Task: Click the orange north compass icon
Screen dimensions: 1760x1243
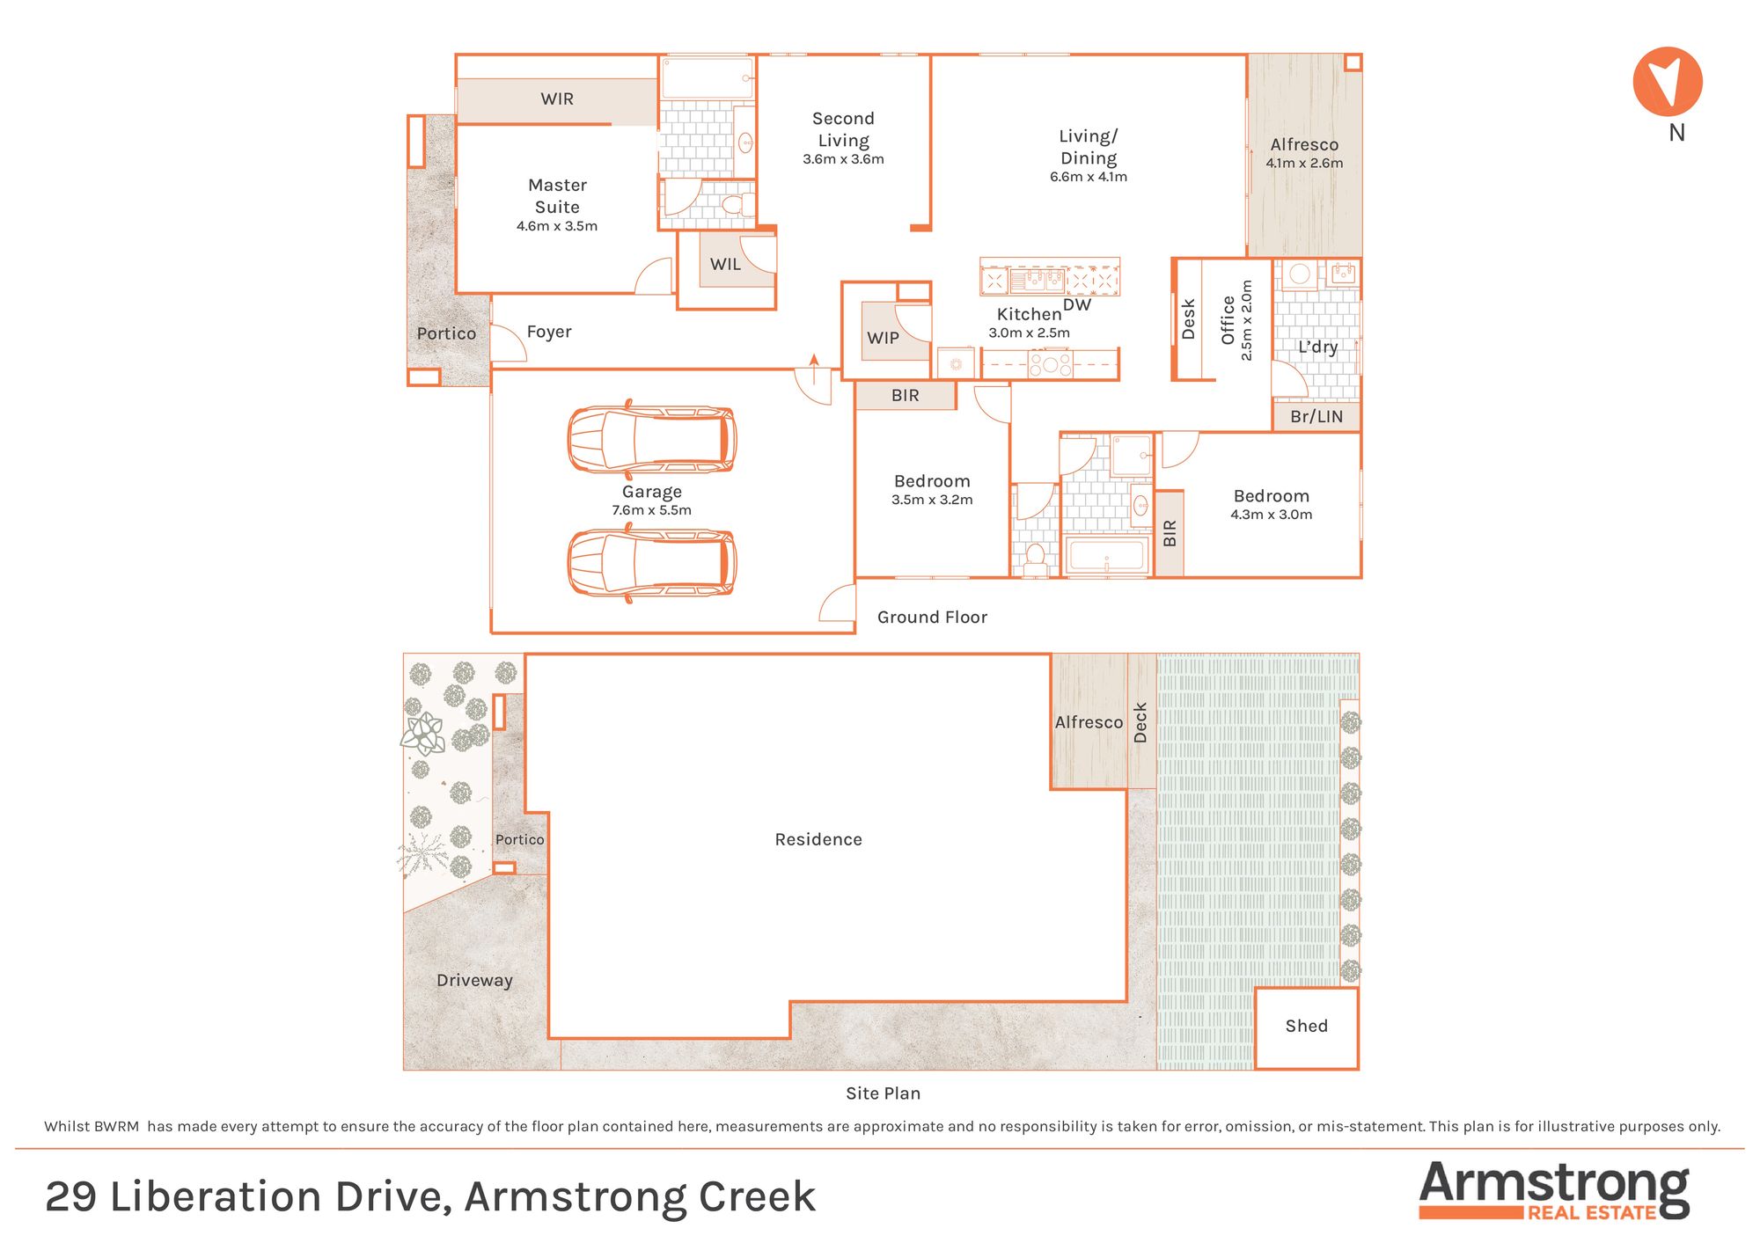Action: point(1668,82)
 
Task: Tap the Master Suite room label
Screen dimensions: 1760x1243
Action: point(557,196)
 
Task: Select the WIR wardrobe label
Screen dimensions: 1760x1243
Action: point(557,99)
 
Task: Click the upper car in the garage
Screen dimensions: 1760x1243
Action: point(651,439)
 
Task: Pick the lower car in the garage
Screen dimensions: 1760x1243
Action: point(651,562)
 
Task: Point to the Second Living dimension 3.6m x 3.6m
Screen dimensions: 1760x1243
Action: point(843,159)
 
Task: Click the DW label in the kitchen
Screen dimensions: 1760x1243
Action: point(1077,304)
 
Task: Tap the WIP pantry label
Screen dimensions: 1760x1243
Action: point(883,338)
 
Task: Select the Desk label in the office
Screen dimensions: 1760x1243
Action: point(1188,319)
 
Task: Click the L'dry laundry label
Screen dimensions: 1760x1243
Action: point(1317,347)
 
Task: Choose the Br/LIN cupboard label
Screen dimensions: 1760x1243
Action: point(1316,417)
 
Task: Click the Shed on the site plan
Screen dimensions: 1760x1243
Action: point(1307,1027)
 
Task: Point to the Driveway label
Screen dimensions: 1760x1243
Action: point(474,981)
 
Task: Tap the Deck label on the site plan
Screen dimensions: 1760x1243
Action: point(1140,722)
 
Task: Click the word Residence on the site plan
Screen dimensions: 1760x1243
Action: point(818,839)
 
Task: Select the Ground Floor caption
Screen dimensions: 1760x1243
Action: point(932,618)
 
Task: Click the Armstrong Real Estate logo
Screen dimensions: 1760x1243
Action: point(1554,1190)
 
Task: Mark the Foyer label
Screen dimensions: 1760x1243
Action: point(549,332)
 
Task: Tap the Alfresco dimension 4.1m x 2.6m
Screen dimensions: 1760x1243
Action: point(1304,163)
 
